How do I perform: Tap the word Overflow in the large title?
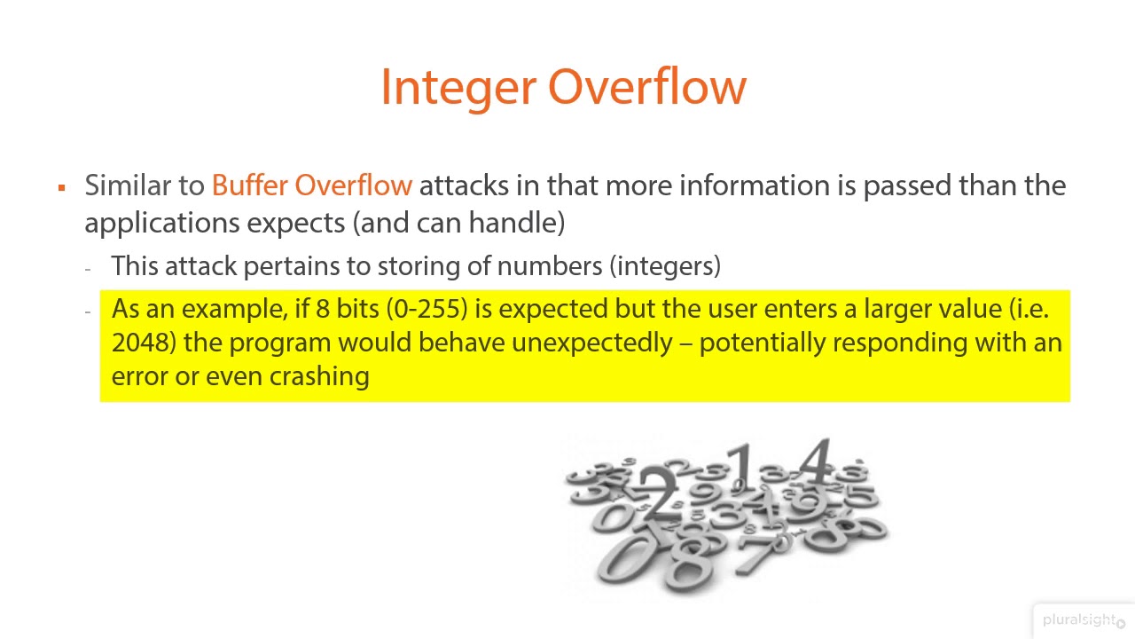(646, 87)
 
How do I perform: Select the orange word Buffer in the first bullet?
(250, 185)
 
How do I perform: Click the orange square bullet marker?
(61, 187)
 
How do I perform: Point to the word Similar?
(128, 185)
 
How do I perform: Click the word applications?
(162, 222)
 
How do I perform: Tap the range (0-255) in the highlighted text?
(427, 309)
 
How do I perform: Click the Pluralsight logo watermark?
(1080, 620)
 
